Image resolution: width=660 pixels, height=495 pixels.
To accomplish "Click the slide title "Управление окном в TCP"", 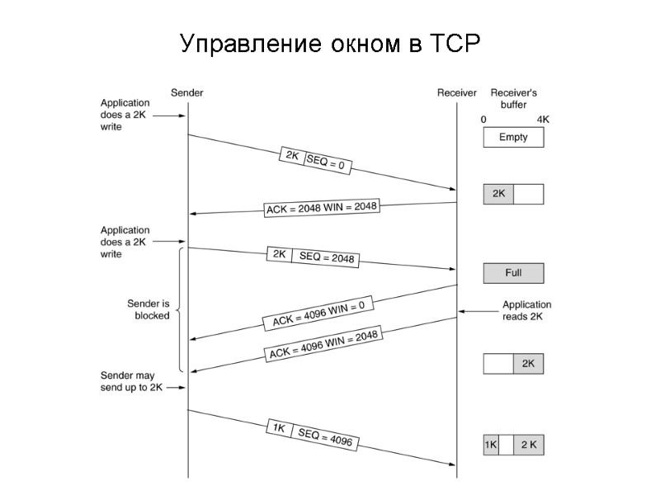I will click(x=329, y=43).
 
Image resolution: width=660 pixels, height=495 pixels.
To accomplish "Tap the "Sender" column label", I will click(x=186, y=93).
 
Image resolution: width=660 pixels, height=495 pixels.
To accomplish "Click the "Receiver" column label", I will click(x=456, y=93).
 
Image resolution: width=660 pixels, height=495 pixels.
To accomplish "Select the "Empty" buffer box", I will click(x=513, y=138).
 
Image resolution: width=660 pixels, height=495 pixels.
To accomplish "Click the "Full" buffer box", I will click(x=513, y=273).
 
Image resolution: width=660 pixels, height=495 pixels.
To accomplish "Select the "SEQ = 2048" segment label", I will click(x=327, y=257).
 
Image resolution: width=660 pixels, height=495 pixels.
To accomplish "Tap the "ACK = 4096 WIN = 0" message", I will click(x=318, y=316).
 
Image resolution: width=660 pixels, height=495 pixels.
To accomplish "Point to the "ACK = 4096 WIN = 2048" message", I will click(x=323, y=345).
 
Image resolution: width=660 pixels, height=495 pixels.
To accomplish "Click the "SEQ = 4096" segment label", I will click(x=325, y=437).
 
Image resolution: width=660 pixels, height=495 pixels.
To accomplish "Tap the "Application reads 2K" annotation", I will click(x=526, y=311).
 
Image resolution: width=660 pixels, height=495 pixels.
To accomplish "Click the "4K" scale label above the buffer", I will click(x=542, y=120).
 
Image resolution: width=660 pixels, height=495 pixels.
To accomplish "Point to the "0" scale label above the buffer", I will click(x=483, y=120).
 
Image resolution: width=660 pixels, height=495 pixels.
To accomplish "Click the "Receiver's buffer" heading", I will click(x=513, y=99).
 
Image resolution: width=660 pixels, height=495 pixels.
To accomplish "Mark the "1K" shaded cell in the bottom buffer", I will click(x=491, y=445).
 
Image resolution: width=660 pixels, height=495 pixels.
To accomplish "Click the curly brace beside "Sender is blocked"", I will click(x=179, y=309).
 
